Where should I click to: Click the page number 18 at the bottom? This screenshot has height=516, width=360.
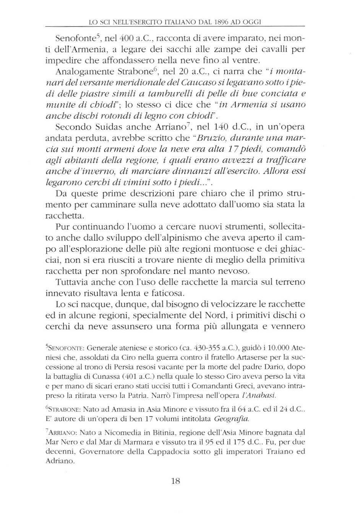coord(176,481)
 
